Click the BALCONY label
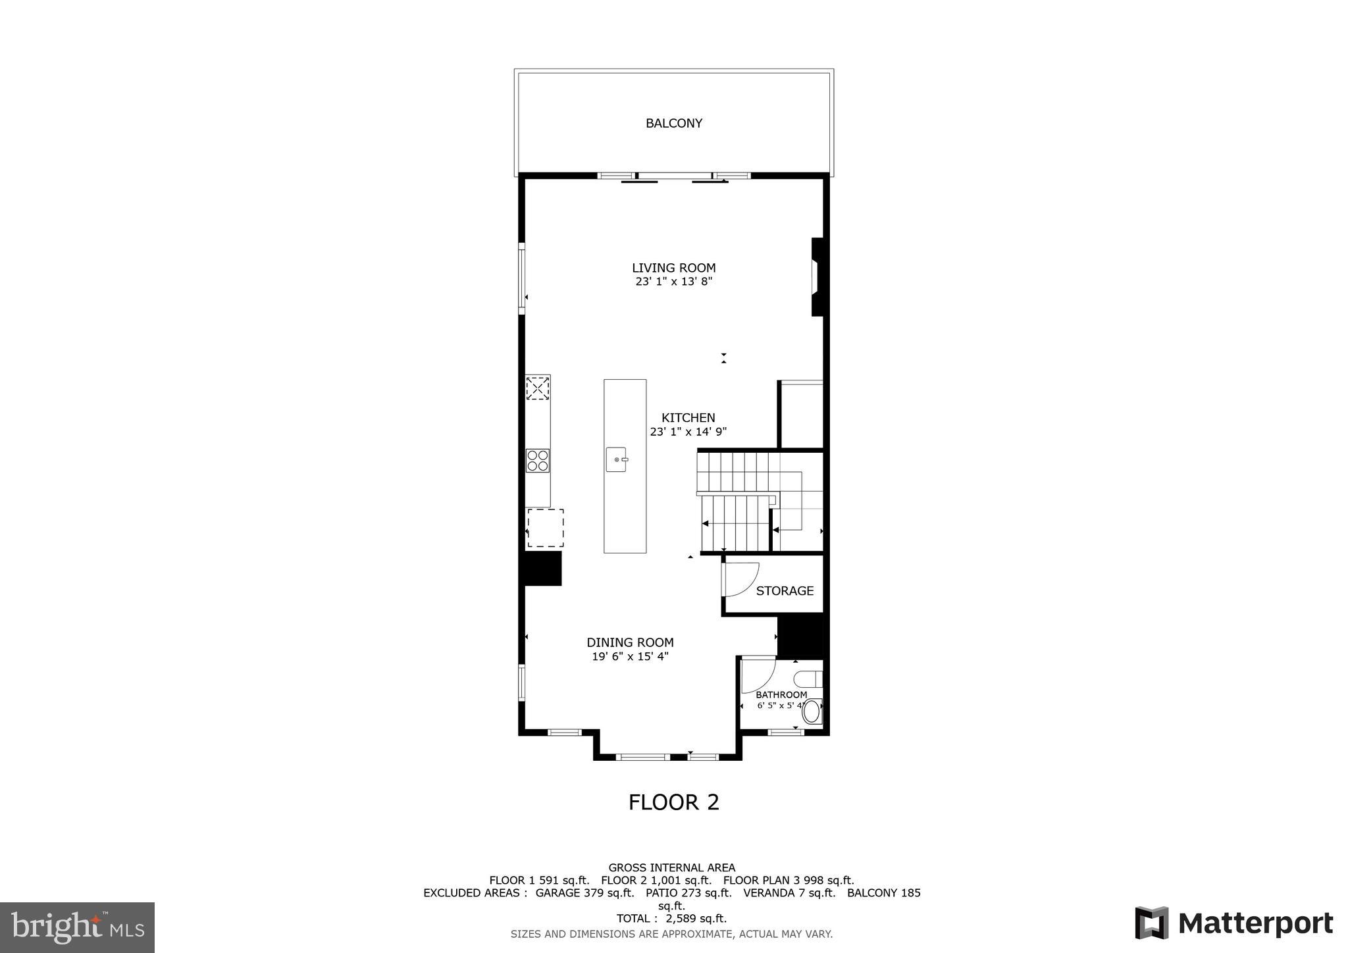point(673,123)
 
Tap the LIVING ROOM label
point(673,268)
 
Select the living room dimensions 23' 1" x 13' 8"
point(673,282)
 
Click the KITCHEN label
point(688,418)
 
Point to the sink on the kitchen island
point(617,459)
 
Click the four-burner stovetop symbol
point(538,460)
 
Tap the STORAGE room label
point(785,591)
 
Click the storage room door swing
point(741,579)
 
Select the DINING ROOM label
point(630,642)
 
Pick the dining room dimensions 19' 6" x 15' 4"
point(630,656)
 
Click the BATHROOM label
point(781,695)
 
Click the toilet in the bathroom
point(812,711)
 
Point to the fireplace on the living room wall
point(817,277)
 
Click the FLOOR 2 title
point(673,802)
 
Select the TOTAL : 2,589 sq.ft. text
point(671,918)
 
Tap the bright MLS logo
point(77,927)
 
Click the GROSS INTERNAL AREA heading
point(671,867)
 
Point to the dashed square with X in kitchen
point(538,388)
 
